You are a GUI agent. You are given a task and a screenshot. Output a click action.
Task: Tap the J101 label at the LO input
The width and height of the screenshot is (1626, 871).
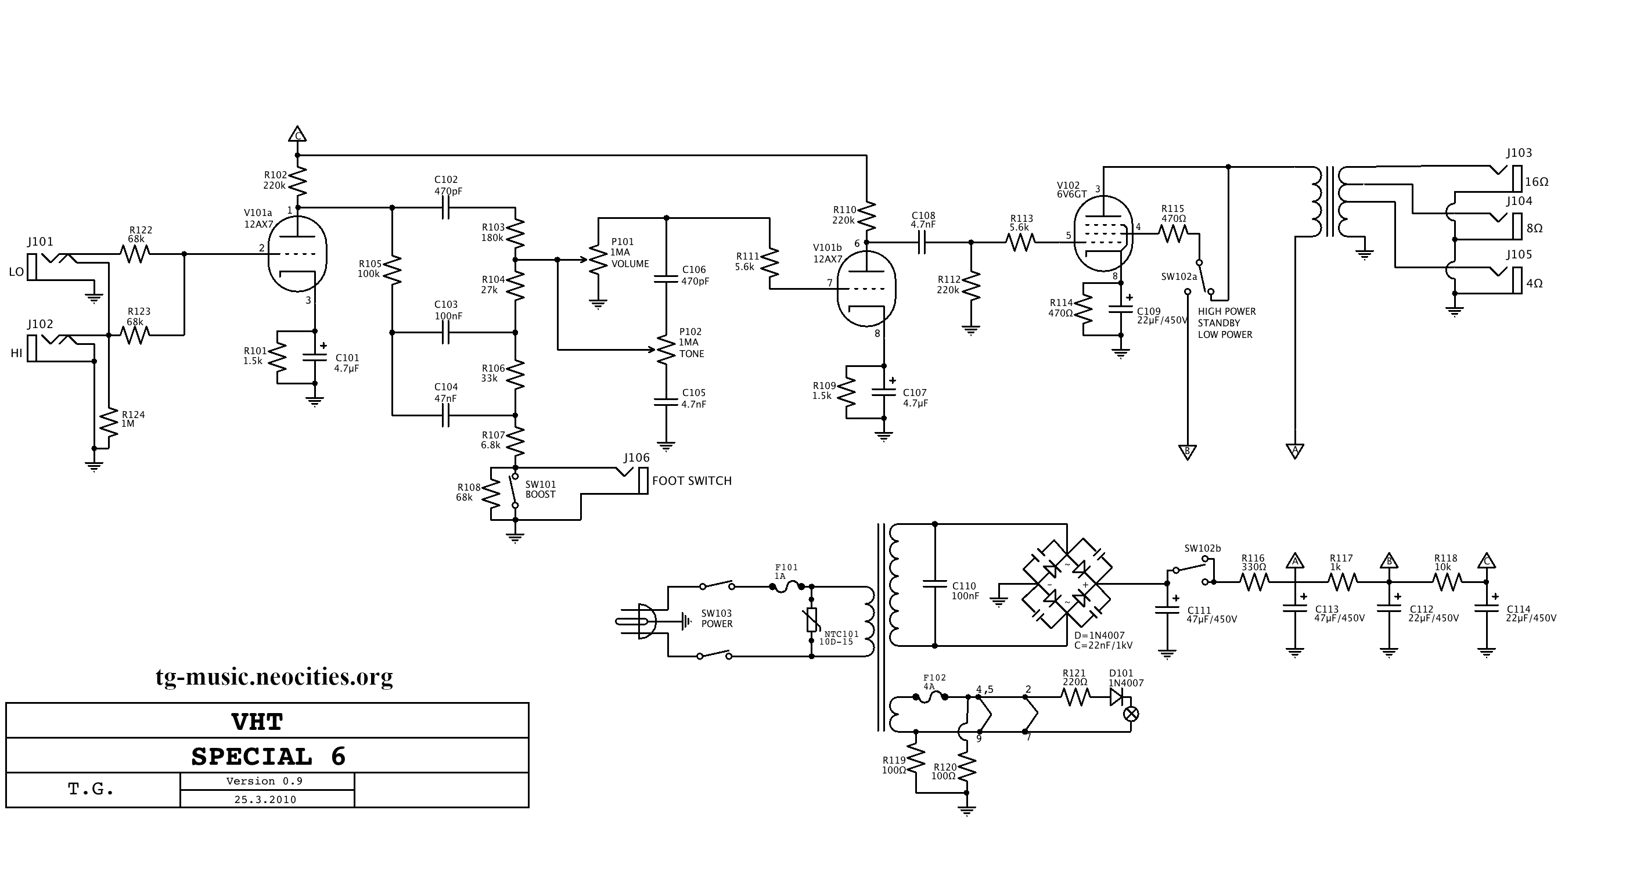pos(41,242)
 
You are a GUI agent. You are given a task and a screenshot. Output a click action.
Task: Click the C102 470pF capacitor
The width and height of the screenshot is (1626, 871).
pos(445,207)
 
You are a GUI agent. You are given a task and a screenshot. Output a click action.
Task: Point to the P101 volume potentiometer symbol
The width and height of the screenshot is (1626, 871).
pos(596,260)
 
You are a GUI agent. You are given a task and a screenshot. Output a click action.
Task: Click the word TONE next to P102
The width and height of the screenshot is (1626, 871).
pos(692,354)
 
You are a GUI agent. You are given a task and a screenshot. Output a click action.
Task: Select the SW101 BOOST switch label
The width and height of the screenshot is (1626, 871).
pos(540,490)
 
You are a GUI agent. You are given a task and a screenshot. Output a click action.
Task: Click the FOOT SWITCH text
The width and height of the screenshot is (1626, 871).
pos(692,481)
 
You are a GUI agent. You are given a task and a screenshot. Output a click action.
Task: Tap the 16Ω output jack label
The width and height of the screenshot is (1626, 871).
pos(1537,182)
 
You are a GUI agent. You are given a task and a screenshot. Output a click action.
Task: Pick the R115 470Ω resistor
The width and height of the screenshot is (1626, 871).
pos(1174,234)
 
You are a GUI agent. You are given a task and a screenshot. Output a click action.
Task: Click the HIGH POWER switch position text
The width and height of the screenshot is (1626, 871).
pos(1226,312)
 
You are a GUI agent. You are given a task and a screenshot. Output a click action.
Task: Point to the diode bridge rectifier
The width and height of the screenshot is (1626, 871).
pos(1067,583)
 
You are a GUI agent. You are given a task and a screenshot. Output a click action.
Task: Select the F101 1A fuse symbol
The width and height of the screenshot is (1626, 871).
pos(787,586)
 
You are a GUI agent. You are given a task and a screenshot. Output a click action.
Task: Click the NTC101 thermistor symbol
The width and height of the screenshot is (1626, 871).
pos(812,620)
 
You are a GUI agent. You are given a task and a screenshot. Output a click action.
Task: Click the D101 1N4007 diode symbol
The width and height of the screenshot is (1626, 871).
pos(1116,697)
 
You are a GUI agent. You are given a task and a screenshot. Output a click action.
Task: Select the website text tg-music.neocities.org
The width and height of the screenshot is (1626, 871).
pos(274,676)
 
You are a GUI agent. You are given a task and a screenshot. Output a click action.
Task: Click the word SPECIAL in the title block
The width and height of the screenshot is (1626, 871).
pos(252,756)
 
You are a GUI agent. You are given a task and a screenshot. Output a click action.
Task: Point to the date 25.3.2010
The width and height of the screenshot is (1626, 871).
pos(265,799)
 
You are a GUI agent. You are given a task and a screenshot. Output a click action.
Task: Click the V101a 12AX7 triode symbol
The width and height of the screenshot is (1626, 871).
pos(297,254)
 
